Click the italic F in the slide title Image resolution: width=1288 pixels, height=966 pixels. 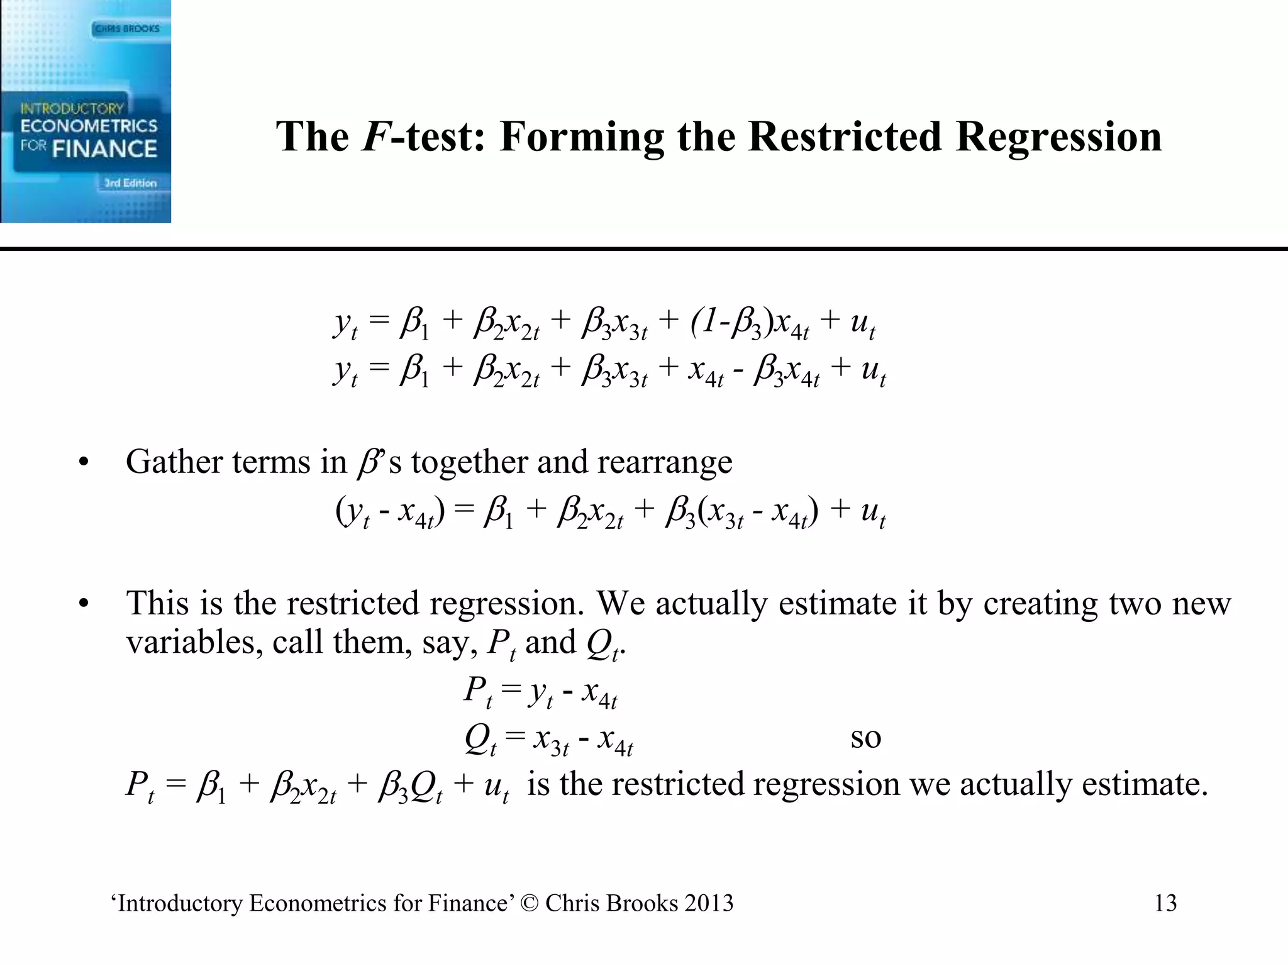[375, 136]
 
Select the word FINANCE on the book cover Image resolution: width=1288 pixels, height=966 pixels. [104, 149]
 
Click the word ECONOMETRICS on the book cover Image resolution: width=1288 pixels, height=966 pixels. [89, 126]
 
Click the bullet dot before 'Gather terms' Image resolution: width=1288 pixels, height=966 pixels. [83, 464]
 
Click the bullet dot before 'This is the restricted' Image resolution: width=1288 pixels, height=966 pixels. [83, 604]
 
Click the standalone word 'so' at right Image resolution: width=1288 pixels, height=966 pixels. [865, 738]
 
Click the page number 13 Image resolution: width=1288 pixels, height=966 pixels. [1165, 903]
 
